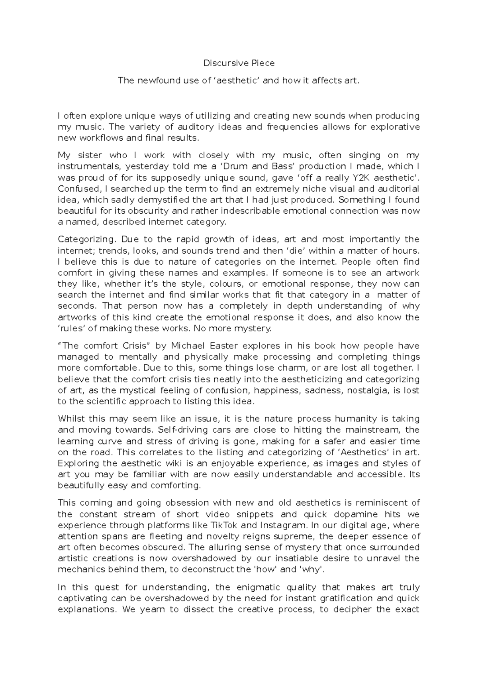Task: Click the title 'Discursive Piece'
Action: click(x=239, y=63)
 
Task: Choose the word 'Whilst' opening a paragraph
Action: click(x=71, y=419)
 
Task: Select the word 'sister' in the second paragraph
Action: click(x=90, y=155)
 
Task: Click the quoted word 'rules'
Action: click(x=72, y=329)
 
